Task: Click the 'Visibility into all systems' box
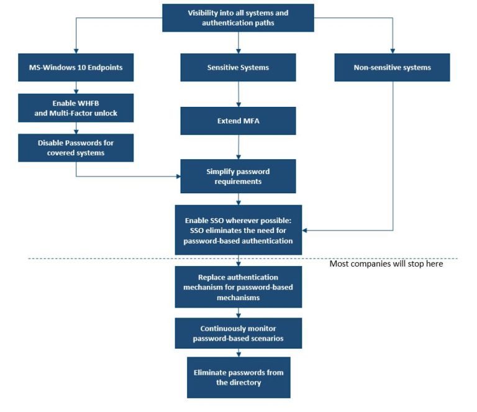(x=238, y=17)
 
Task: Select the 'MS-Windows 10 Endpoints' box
(x=76, y=67)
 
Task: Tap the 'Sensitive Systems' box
(x=238, y=67)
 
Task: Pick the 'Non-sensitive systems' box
(x=392, y=67)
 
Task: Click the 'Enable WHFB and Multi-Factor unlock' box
(x=76, y=108)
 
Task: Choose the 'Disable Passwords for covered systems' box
(x=76, y=147)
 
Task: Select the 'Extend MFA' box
(x=238, y=121)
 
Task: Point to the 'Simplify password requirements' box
(x=238, y=176)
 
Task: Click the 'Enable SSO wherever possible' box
(x=238, y=230)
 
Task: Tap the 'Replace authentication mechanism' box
(x=238, y=286)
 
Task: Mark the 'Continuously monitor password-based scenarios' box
(x=238, y=333)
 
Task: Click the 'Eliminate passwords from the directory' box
(x=238, y=377)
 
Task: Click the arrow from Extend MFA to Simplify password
(x=238, y=147)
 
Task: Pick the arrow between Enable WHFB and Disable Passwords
(x=76, y=128)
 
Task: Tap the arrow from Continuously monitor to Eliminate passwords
(x=238, y=353)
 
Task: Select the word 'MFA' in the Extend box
(x=251, y=121)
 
